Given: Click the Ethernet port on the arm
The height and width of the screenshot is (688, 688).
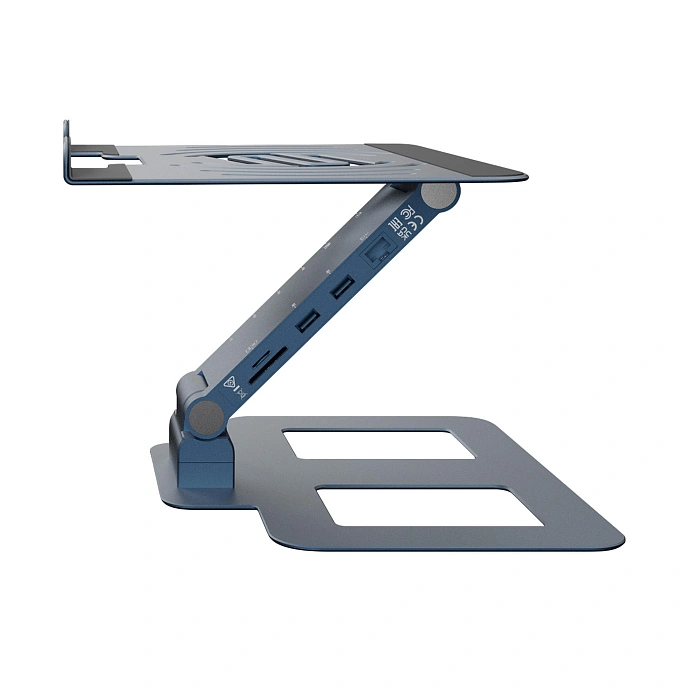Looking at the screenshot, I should pos(379,251).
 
